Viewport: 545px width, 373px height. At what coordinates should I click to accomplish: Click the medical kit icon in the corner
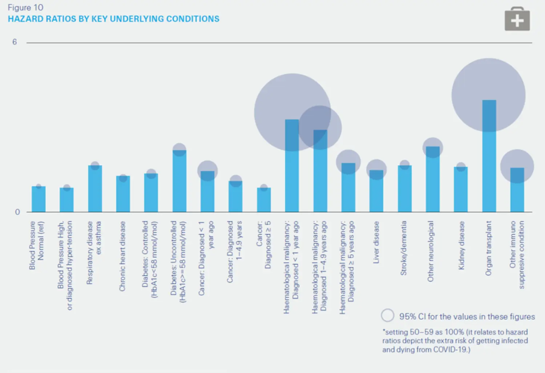point(517,19)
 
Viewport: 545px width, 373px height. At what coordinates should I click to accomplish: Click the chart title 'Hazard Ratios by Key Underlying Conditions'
point(113,19)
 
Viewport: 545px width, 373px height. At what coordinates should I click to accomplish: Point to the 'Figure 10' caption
point(25,8)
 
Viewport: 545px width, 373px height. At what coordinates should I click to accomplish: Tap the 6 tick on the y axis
point(15,42)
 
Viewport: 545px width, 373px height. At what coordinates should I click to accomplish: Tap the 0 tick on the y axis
point(17,212)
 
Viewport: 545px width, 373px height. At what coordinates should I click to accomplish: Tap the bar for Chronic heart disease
point(123,194)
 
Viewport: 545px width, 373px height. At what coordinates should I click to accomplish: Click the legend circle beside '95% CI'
point(388,316)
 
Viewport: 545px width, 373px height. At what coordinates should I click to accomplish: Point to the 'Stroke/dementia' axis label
point(403,248)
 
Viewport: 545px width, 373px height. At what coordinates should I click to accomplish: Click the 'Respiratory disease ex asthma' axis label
point(94,252)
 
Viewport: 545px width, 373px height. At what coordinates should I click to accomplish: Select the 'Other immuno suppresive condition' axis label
point(517,254)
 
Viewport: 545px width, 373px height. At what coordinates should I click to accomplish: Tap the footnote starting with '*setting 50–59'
point(455,341)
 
